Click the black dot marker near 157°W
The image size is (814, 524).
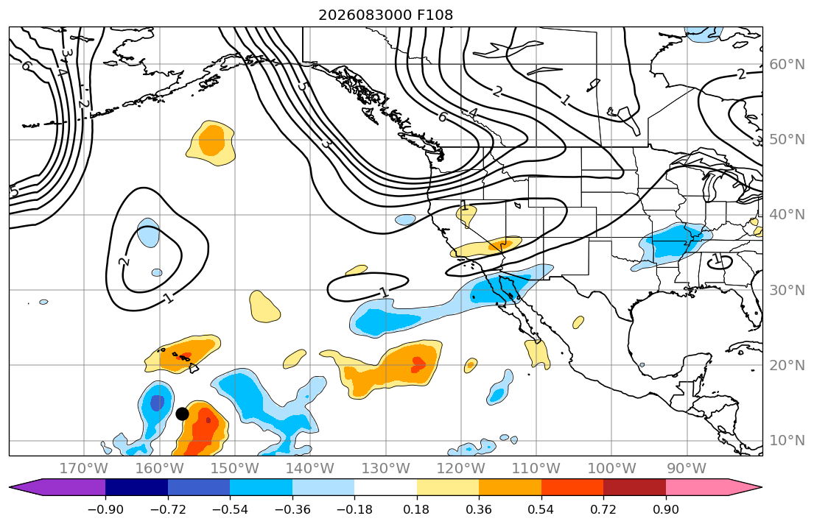tap(182, 414)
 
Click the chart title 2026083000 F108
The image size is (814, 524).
tap(386, 15)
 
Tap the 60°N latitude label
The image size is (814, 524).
tap(787, 64)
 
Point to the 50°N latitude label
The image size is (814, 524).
tap(787, 140)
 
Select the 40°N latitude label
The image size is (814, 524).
tap(787, 214)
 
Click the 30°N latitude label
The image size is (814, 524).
tap(787, 290)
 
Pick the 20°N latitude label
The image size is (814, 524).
tap(787, 365)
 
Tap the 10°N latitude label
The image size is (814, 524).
tap(787, 441)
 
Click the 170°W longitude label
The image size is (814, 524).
tap(84, 469)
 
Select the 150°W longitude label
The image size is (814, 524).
tap(235, 469)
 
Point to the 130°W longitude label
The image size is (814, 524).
tap(386, 469)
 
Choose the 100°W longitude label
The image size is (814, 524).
tap(611, 469)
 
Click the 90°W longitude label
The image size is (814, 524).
tap(687, 469)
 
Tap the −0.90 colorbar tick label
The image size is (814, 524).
tap(105, 509)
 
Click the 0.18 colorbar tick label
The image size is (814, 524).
tap(417, 509)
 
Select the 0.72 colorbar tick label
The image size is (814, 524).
tap(603, 509)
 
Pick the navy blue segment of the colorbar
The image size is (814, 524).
tap(136, 487)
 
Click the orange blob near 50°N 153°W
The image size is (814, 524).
tap(212, 140)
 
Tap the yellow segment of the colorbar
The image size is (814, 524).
tap(448, 487)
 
